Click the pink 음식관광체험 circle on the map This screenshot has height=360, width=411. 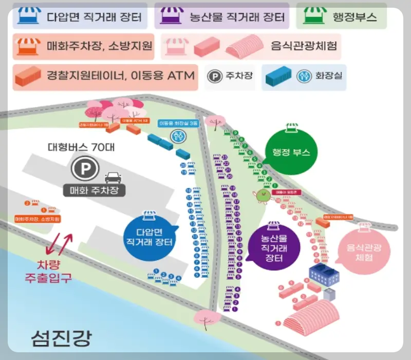pos(363,250)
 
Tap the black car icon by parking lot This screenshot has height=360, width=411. pos(111,178)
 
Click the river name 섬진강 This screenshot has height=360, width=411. pos(61,337)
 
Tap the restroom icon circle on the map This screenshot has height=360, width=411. pos(178,136)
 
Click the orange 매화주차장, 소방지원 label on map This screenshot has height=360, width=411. pos(38,219)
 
